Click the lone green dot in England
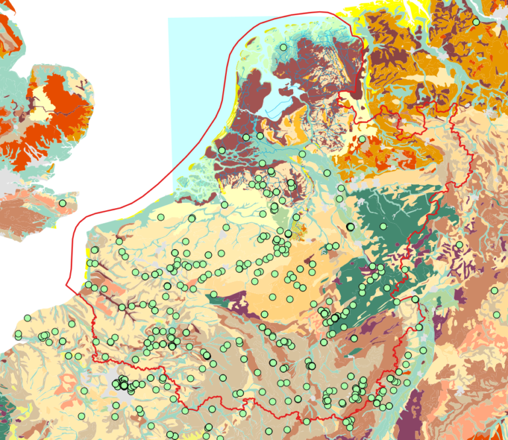click(x=63, y=203)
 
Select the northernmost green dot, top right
click(x=476, y=22)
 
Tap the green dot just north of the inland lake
click(x=284, y=48)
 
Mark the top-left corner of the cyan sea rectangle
click(x=169, y=19)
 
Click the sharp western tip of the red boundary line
click(x=67, y=286)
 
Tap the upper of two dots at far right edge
click(x=494, y=291)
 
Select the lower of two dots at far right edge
click(x=497, y=314)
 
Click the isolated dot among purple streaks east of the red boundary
click(x=459, y=245)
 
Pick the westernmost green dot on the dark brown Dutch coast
click(x=222, y=151)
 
